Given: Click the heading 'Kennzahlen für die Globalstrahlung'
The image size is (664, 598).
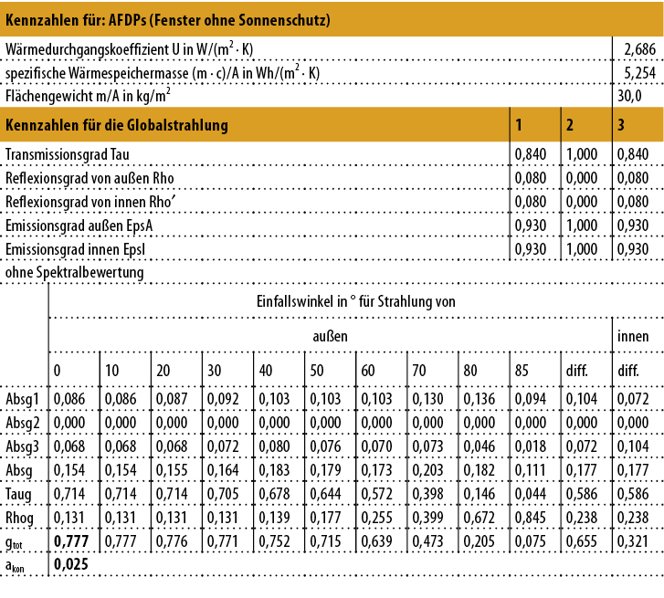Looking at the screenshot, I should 117,124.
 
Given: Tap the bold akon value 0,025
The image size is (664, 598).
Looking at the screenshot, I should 70,566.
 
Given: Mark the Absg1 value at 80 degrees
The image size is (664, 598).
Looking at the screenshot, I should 479,399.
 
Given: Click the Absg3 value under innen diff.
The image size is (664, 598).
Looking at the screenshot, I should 632,447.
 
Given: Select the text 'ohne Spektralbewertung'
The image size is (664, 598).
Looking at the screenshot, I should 75,273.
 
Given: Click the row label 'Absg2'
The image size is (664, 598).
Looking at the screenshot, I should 23,424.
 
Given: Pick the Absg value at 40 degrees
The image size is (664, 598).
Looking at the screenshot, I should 274,471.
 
